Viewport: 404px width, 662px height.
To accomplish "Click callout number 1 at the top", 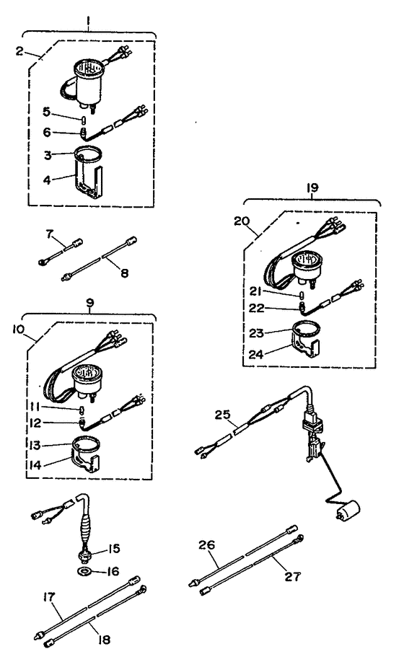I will coord(89,22).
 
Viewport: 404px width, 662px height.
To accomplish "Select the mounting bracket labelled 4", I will coord(91,180).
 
